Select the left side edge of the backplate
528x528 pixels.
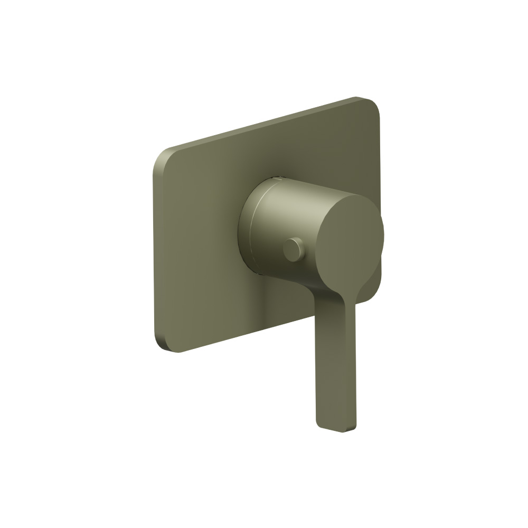(155, 253)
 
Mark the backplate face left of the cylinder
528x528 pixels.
(201, 238)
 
